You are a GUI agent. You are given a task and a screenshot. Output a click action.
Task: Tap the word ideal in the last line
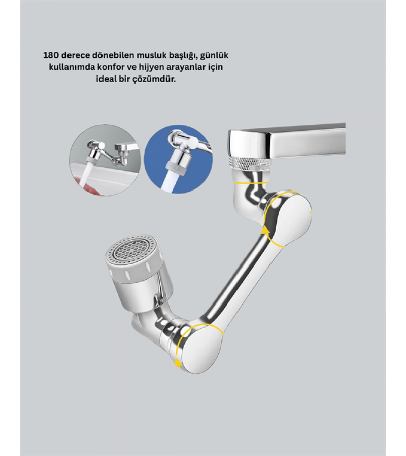tap(107, 79)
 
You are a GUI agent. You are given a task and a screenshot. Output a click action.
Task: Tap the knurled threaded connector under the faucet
tap(251, 164)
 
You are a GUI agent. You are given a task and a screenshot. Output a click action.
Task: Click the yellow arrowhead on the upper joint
tap(265, 231)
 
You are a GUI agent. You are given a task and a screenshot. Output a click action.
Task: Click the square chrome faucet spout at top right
tap(287, 142)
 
